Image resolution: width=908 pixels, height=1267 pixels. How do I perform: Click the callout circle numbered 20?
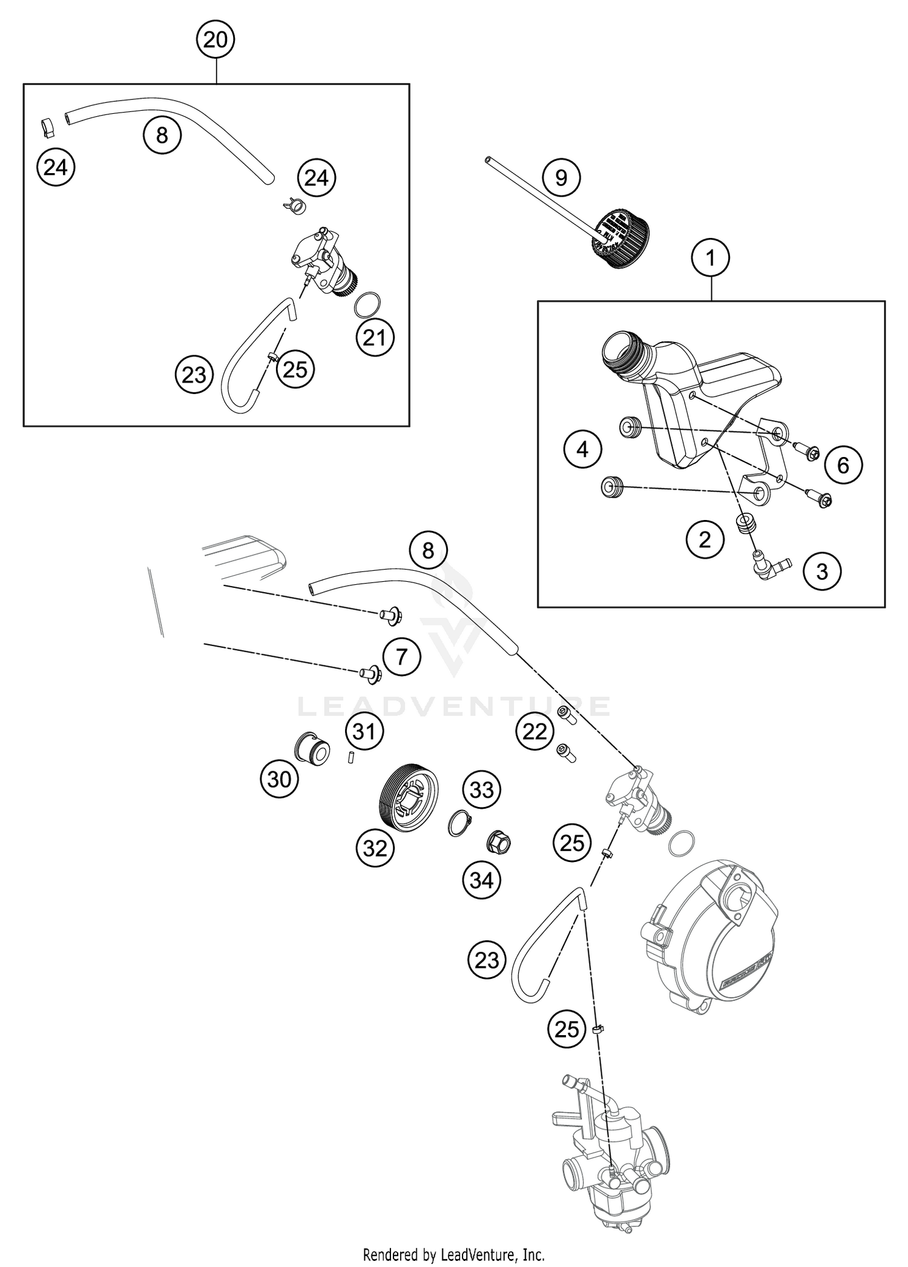coord(215,40)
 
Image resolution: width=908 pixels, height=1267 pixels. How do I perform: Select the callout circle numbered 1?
coord(711,258)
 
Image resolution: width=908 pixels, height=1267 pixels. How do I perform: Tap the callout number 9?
coord(561,178)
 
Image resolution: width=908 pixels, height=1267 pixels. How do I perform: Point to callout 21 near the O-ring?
coord(375,337)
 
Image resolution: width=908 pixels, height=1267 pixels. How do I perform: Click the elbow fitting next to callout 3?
coord(766,563)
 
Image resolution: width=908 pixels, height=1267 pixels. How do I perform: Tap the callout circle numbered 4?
coord(582,449)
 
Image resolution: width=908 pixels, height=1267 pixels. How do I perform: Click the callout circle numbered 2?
coord(705,539)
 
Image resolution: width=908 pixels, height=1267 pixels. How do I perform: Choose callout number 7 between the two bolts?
coord(401,656)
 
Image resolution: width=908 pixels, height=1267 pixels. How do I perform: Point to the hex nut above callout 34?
coord(499,841)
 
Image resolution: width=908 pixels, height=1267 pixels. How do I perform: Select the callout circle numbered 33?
coord(482,790)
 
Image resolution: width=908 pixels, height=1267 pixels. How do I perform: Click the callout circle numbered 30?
coord(279,780)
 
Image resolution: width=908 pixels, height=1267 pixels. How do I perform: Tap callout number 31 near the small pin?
coord(364,732)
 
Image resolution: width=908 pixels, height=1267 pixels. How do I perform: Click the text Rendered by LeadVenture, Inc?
coord(454,1254)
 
